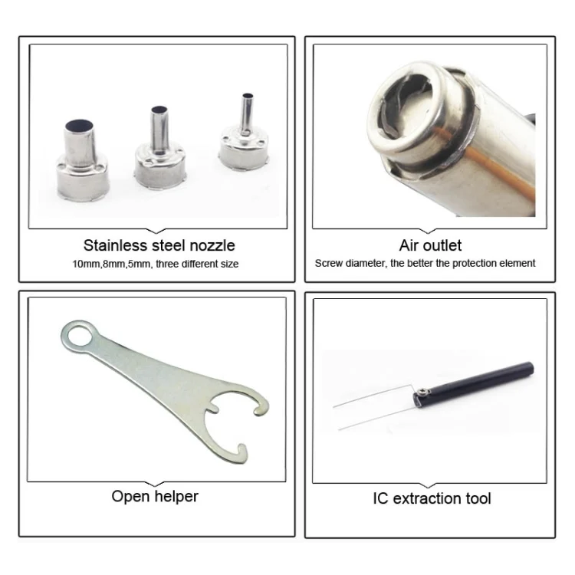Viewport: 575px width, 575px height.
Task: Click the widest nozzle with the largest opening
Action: click(83, 161)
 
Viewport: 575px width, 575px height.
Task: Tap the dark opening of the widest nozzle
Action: click(79, 126)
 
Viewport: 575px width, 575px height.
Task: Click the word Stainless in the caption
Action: click(115, 245)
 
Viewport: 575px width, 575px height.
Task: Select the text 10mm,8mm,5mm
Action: click(111, 264)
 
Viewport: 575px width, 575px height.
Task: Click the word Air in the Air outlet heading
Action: click(407, 245)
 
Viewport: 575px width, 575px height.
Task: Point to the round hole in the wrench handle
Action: click(80, 334)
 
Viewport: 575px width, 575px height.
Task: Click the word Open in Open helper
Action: click(130, 497)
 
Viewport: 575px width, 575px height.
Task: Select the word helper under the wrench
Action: click(176, 496)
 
